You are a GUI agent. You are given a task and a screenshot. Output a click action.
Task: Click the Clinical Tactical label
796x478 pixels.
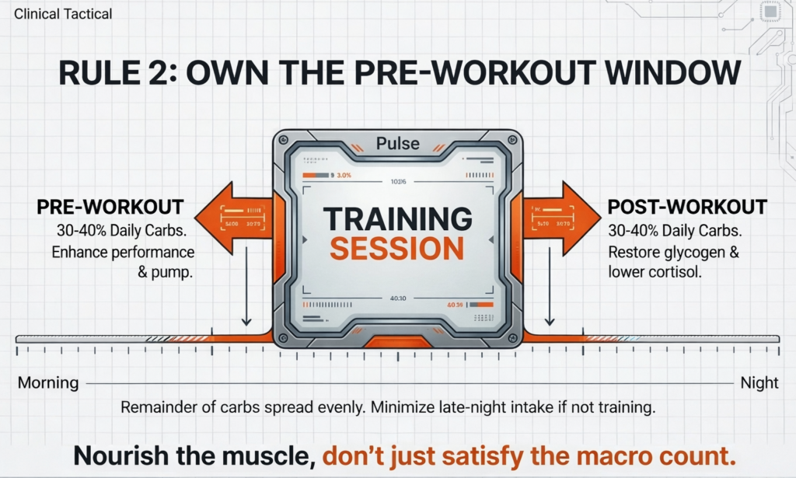click(x=63, y=13)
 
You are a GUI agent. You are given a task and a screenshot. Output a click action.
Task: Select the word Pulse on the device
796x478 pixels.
click(x=397, y=144)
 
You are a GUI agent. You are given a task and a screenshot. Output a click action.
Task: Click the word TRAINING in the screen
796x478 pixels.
click(x=396, y=220)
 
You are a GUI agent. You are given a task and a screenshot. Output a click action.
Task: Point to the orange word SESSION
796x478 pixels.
click(x=396, y=249)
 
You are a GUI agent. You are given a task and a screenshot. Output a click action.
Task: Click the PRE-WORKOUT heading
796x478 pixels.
click(x=110, y=208)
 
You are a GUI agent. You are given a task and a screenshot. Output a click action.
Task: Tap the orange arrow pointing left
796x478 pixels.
click(x=229, y=218)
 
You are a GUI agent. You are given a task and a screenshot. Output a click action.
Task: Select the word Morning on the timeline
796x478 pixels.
click(x=47, y=383)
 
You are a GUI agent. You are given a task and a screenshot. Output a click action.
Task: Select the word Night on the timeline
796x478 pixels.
click(x=759, y=383)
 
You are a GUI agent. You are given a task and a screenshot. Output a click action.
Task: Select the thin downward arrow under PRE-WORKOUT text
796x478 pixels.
click(x=246, y=295)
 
